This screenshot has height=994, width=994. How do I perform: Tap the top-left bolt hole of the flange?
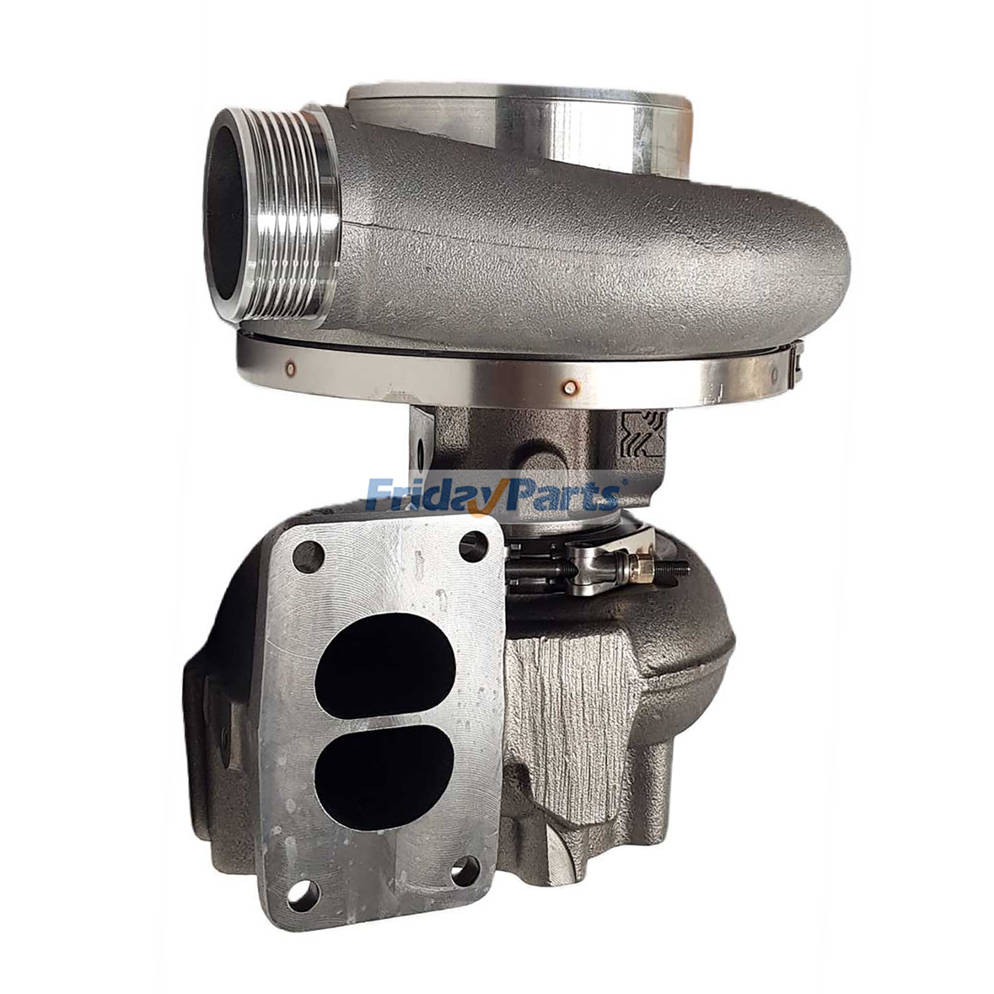click(308, 557)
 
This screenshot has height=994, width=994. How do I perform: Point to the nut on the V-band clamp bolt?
click(639, 567)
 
